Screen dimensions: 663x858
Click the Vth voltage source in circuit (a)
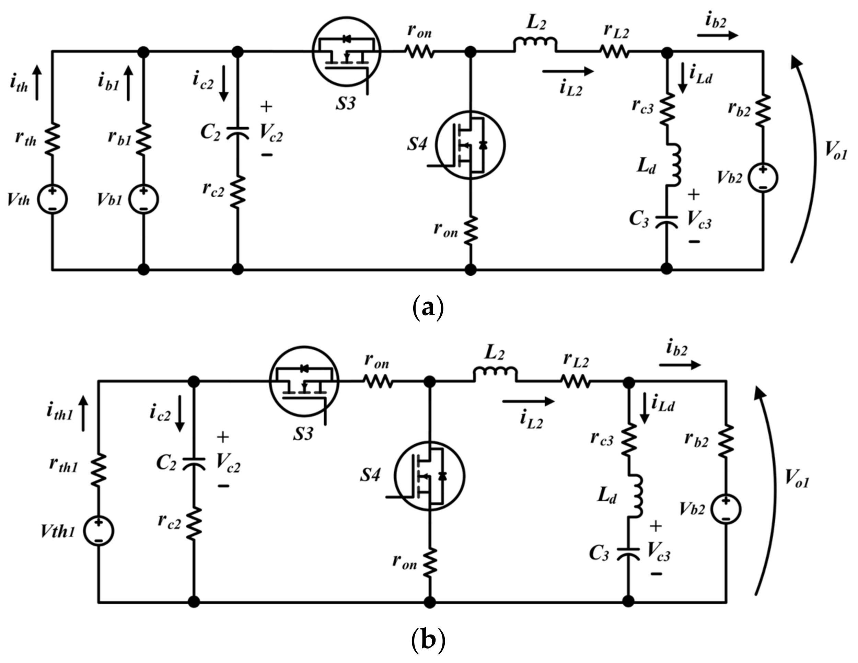(52, 199)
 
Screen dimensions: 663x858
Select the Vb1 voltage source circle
(144, 199)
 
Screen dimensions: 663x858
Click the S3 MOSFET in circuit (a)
(346, 51)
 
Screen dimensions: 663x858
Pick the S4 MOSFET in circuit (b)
(429, 476)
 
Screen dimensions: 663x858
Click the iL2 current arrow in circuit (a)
(567, 71)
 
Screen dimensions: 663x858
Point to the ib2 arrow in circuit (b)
(680, 365)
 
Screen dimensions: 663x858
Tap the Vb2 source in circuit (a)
(763, 178)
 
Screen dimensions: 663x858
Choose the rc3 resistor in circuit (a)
(667, 109)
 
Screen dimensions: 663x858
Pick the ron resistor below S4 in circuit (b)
(430, 563)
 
